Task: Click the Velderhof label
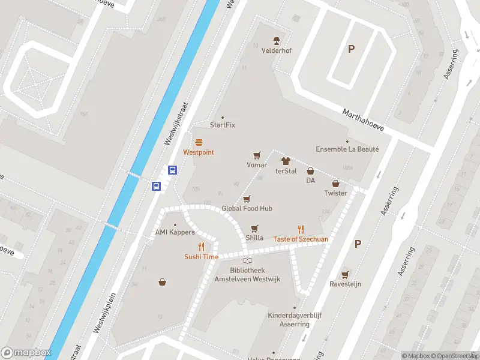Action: (276, 51)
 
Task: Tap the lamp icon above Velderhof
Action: (276, 41)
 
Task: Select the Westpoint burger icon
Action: (199, 142)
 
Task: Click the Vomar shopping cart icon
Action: (257, 155)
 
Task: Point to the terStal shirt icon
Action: (286, 161)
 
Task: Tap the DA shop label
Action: (310, 181)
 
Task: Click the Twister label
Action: (335, 193)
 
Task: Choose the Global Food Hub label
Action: (247, 208)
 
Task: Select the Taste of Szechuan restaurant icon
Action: (301, 229)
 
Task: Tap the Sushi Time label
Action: (201, 257)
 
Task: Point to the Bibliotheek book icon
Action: (247, 261)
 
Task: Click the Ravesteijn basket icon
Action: (344, 275)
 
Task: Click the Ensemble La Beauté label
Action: (347, 149)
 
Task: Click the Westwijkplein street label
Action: (105, 313)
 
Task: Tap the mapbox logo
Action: (26, 352)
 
